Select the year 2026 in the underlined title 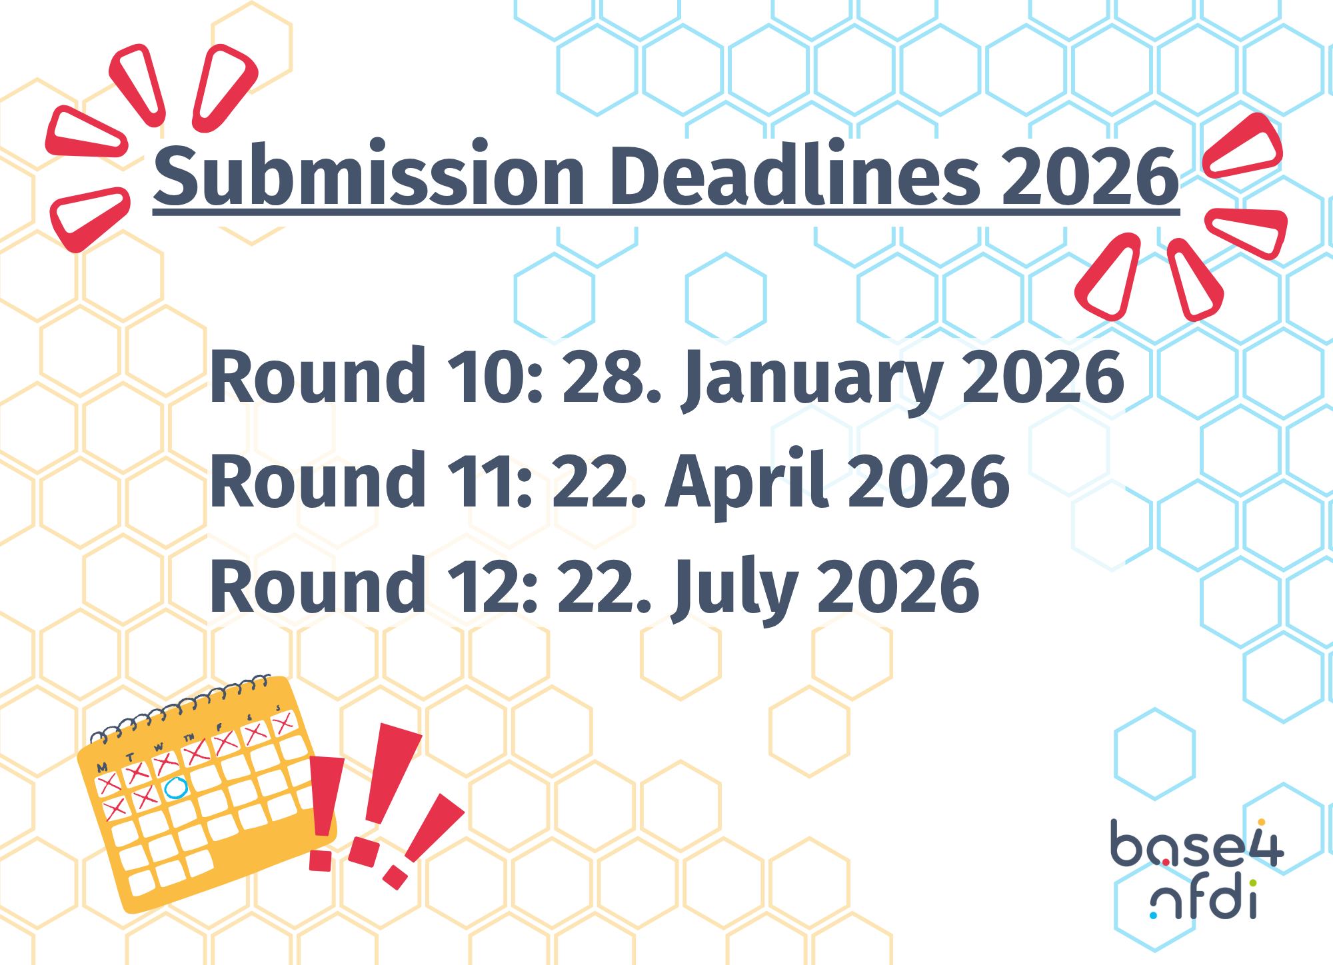[x=1090, y=177]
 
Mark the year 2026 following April [x=928, y=482]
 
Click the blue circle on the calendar [x=176, y=788]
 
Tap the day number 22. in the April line [x=599, y=482]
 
